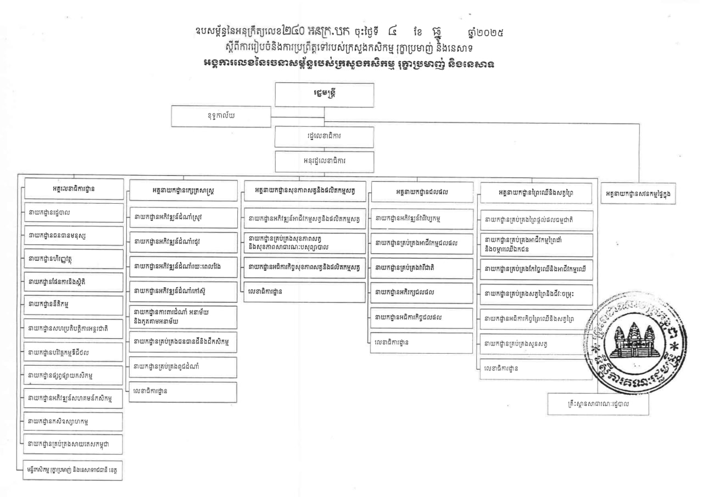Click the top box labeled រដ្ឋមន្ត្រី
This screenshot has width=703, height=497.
(324, 94)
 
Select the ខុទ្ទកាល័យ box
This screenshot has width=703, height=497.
(221, 116)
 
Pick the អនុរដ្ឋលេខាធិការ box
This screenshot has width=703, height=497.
(324, 162)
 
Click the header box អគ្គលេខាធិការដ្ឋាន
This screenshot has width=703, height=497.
(74, 189)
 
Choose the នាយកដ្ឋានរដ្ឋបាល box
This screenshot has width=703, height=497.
(74, 212)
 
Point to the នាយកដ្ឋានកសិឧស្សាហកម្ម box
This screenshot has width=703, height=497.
(74, 421)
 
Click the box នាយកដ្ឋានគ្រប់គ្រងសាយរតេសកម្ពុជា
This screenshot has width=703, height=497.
(74, 444)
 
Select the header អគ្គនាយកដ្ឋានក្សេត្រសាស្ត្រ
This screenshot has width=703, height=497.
(183, 191)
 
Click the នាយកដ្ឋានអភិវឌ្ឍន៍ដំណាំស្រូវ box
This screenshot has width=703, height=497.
(183, 217)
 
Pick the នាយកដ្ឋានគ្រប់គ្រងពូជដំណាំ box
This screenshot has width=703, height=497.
(183, 366)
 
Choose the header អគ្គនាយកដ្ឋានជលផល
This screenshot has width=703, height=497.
(422, 192)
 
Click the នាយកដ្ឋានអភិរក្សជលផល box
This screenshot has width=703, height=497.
(422, 293)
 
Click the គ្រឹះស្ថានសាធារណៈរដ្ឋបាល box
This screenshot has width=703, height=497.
(598, 404)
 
